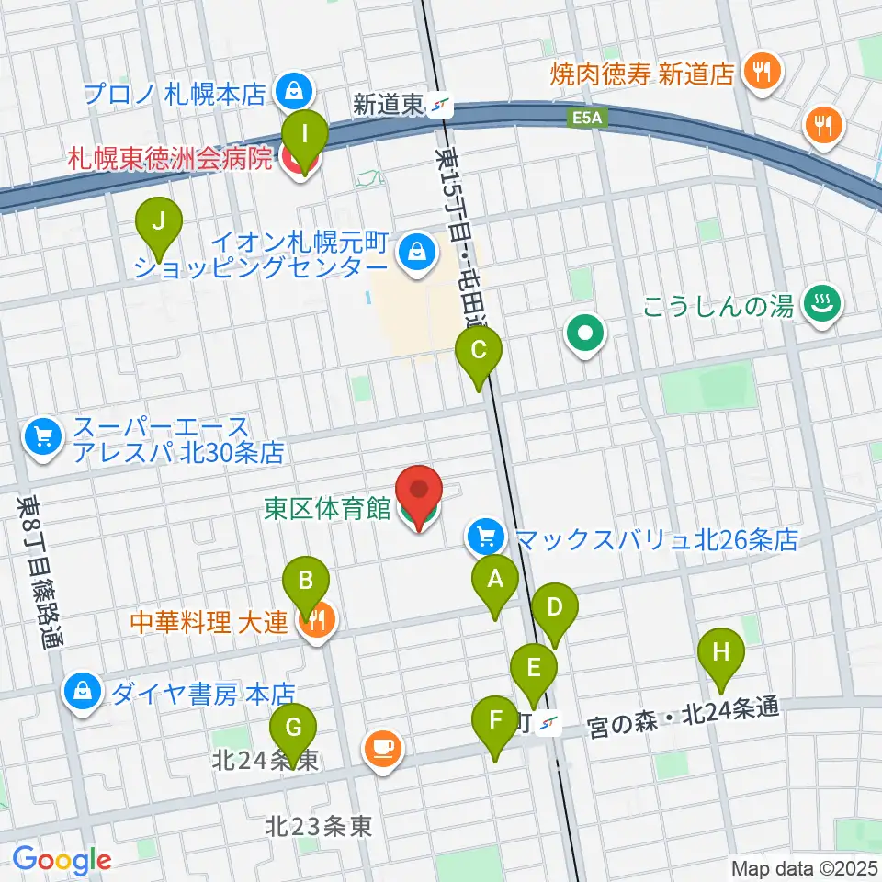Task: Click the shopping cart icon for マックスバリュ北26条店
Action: (x=483, y=537)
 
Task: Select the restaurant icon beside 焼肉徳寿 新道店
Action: (x=762, y=71)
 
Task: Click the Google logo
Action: (x=62, y=860)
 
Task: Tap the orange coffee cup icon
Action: (x=382, y=748)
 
